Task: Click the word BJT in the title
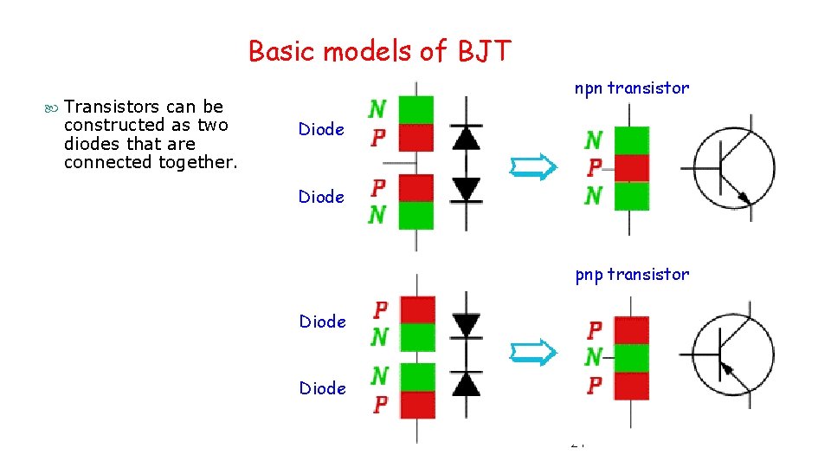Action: pos(483,52)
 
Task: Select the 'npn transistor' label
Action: pos(632,88)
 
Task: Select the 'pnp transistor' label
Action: pos(632,275)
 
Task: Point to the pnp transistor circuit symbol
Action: pos(733,354)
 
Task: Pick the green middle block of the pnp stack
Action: pos(630,357)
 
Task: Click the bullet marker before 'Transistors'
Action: pos(53,107)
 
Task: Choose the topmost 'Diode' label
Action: pos(321,129)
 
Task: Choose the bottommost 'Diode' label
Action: pos(322,388)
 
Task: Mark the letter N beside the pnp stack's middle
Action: pos(594,357)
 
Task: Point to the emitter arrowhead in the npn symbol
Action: pos(743,198)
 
